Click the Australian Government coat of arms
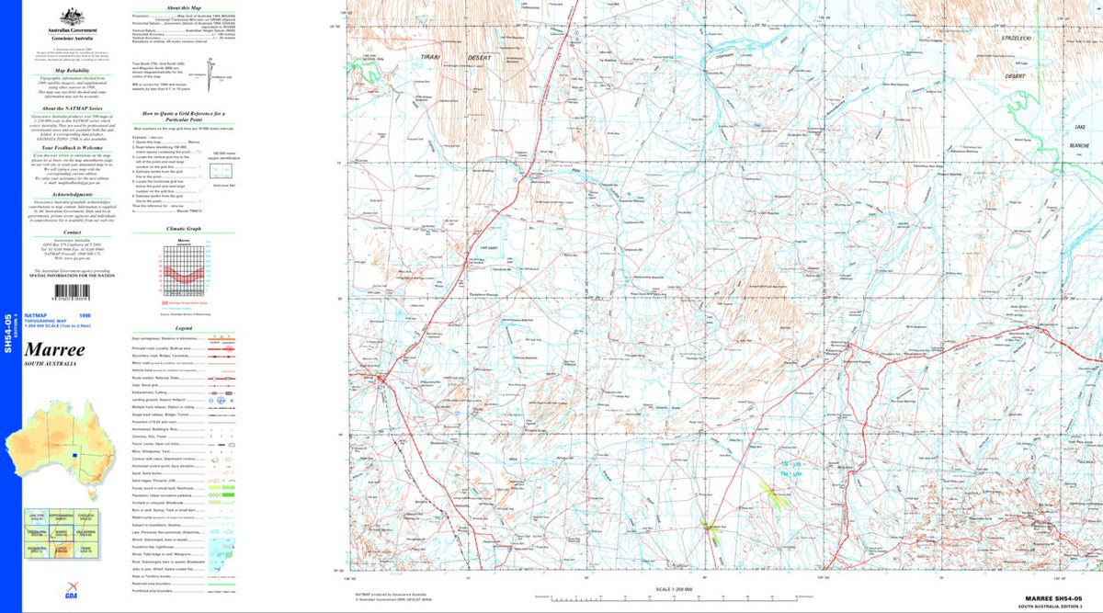[x=66, y=17]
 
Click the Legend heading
[x=183, y=327]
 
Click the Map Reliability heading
[x=72, y=70]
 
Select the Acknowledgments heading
[x=72, y=194]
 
